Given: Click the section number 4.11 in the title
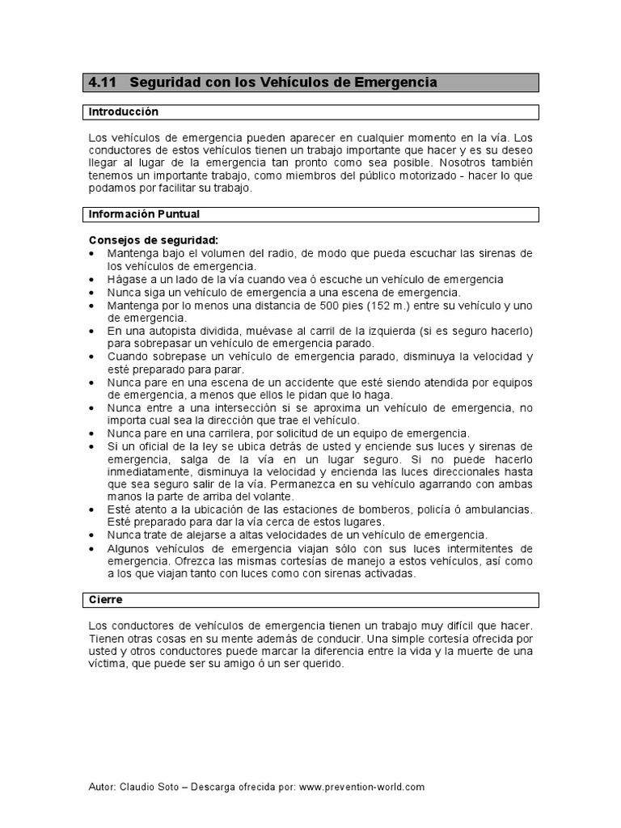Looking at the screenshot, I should click(x=103, y=82).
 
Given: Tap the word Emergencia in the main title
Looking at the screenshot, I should click(x=396, y=82).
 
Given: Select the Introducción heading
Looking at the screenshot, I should click(x=123, y=112).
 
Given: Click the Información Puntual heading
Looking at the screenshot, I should click(x=144, y=214).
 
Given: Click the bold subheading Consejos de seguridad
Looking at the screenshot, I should click(x=153, y=241).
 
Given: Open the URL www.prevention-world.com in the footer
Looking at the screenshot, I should click(x=361, y=786).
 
